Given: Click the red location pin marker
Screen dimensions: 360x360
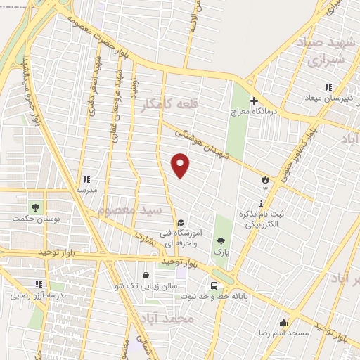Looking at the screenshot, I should (x=181, y=166).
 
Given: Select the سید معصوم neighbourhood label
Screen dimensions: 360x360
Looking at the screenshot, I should (x=130, y=210).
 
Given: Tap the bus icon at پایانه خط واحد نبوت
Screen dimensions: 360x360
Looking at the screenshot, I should (x=214, y=285).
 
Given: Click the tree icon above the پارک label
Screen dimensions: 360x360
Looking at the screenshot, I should (x=222, y=241).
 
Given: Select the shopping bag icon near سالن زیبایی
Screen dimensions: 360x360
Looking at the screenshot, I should (x=145, y=275).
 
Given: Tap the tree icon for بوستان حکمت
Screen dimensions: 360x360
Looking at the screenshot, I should (x=34, y=207).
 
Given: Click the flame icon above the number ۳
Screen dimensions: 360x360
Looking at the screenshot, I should (x=265, y=179).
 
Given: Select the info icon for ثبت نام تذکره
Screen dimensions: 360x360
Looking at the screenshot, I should (x=262, y=203).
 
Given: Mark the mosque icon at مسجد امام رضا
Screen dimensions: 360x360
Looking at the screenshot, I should (x=284, y=321).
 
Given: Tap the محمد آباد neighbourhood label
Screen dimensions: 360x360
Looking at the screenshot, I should (x=166, y=319).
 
